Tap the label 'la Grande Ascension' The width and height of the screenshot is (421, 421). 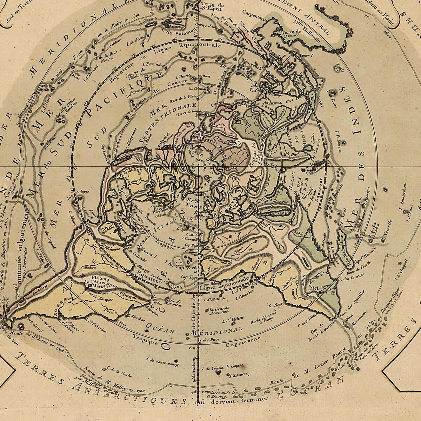click(x=220, y=311)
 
